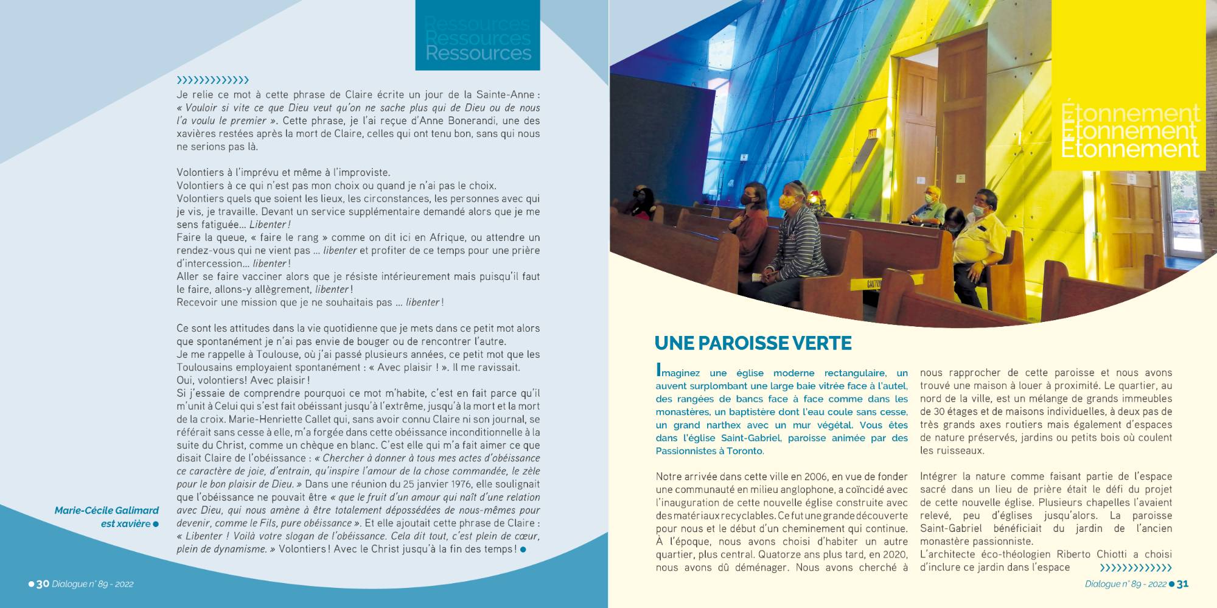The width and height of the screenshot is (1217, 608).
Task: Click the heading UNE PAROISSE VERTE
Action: (x=753, y=343)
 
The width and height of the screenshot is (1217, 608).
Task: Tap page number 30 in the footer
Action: (x=43, y=584)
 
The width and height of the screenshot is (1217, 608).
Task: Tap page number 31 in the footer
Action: (x=1182, y=584)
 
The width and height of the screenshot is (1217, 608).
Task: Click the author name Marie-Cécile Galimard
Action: (x=106, y=511)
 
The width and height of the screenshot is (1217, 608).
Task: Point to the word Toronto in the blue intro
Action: (x=744, y=451)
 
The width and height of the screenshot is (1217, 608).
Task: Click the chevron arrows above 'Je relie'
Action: (x=212, y=80)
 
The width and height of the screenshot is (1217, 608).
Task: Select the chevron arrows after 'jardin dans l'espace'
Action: (x=1135, y=568)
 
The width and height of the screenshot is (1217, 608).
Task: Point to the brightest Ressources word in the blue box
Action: (x=478, y=54)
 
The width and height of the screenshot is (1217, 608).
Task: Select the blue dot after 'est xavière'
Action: (x=156, y=524)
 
